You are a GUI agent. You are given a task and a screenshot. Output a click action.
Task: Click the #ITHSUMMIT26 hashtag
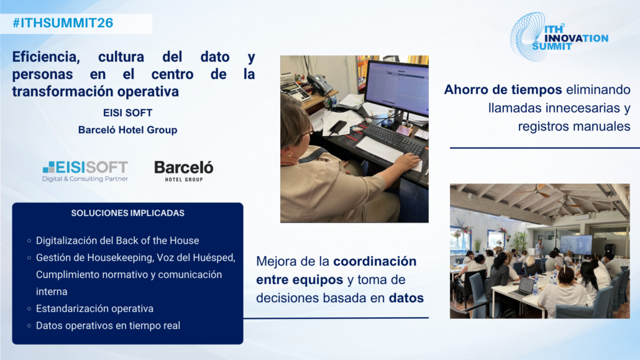click(63, 23)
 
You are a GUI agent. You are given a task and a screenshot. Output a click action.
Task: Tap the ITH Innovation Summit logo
click(559, 37)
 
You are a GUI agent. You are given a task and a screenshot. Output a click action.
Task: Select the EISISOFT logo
click(85, 171)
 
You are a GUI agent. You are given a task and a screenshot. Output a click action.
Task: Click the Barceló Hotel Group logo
click(184, 171)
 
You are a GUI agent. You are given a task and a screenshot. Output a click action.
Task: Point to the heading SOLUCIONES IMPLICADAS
click(128, 213)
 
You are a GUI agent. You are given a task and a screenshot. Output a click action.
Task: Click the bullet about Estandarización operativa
click(94, 308)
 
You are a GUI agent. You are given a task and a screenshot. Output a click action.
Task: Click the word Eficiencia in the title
click(46, 57)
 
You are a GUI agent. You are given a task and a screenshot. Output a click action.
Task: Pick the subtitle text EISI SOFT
click(128, 113)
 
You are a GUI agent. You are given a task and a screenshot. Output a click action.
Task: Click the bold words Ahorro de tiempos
click(503, 90)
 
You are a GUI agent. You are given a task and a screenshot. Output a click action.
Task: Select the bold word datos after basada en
click(406, 298)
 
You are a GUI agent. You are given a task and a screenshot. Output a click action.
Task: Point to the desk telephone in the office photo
click(320, 83)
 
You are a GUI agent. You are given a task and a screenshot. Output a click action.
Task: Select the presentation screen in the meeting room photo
click(576, 245)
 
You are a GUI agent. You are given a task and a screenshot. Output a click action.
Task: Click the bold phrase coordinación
click(375, 261)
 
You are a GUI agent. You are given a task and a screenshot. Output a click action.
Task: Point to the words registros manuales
click(574, 126)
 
